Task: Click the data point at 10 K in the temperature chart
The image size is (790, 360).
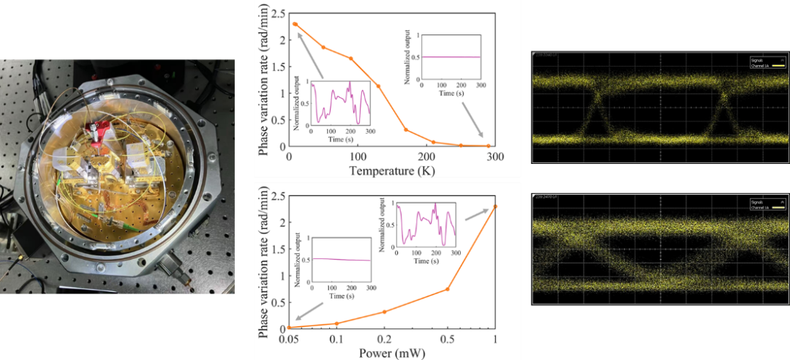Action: (295, 24)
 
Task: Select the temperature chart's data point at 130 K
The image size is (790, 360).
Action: (378, 86)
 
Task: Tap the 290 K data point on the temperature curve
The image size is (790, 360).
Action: (489, 146)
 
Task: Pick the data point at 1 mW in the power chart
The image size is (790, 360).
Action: (495, 206)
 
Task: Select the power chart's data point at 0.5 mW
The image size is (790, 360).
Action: (447, 289)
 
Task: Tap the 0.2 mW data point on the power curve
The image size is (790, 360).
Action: (384, 312)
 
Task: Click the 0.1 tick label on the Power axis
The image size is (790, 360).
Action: (336, 340)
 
